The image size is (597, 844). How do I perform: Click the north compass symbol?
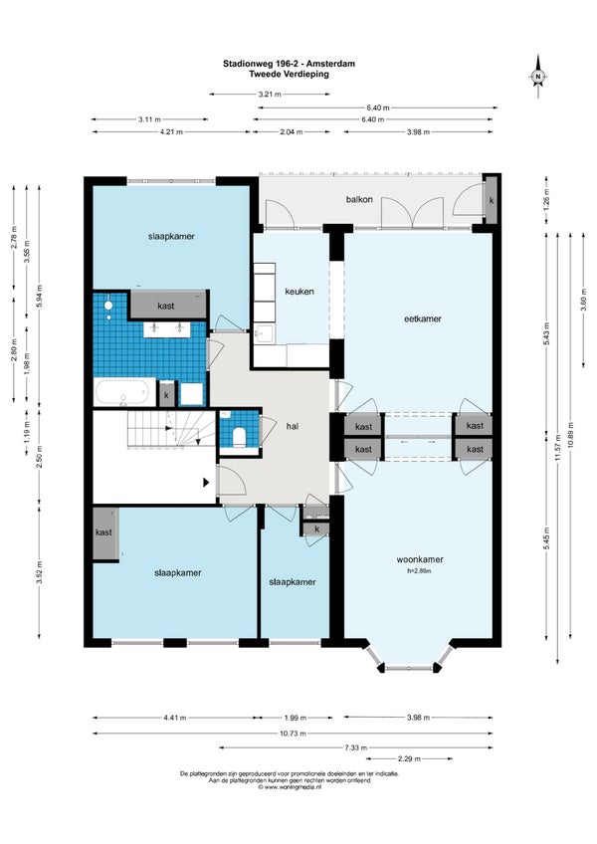[537, 77]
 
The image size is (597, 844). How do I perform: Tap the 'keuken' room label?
[299, 292]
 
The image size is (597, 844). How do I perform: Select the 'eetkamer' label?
[423, 318]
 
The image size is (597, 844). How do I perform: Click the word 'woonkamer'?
[420, 559]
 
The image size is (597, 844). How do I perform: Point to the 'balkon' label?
[359, 199]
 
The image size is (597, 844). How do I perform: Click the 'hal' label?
[293, 426]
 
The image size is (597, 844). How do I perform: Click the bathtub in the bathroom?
[122, 391]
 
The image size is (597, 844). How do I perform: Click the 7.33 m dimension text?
[356, 747]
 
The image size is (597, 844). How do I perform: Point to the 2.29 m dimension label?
[409, 759]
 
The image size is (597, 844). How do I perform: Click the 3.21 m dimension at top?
[270, 95]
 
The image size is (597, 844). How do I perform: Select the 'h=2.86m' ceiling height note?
[419, 571]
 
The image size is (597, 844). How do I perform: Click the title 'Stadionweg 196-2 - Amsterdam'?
[290, 64]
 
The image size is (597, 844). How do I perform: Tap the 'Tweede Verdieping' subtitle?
[290, 74]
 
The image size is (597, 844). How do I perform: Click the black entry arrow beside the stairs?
[206, 483]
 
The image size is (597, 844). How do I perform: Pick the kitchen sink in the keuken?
[264, 334]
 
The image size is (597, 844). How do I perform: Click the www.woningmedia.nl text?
[290, 786]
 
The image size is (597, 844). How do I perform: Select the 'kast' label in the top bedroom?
[166, 306]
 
